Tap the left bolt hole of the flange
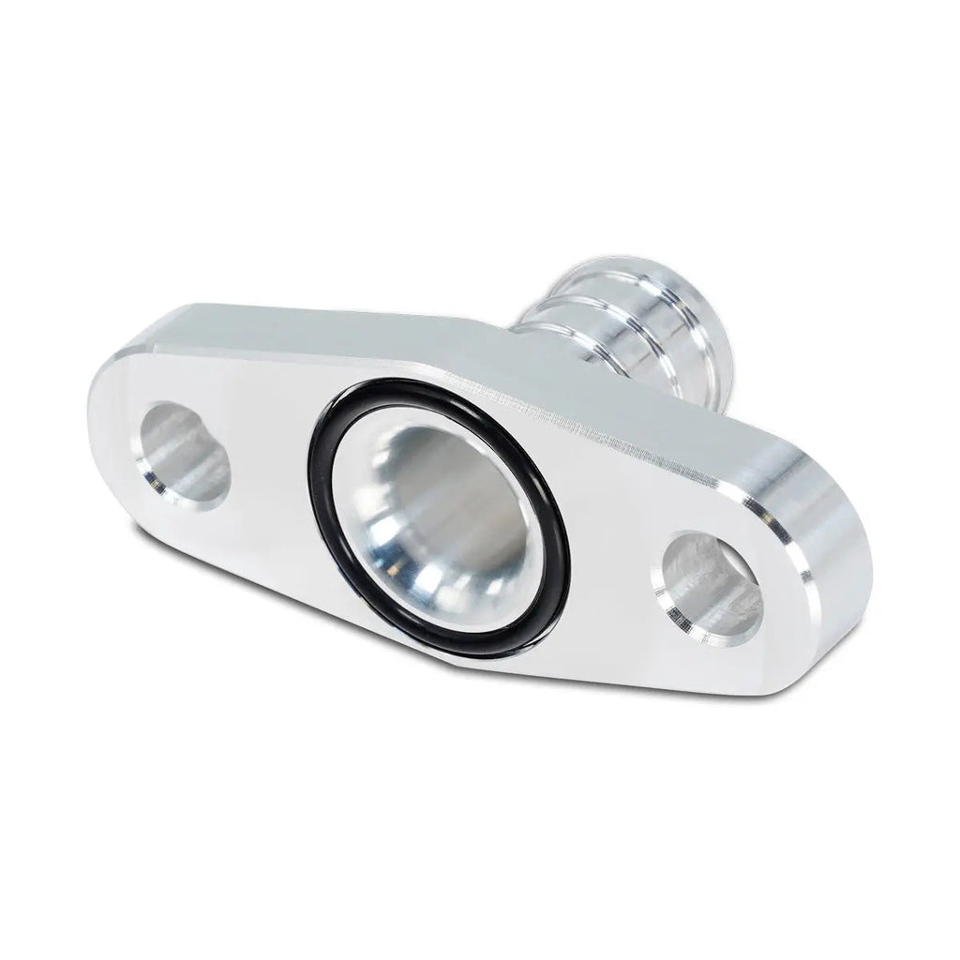(187, 454)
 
